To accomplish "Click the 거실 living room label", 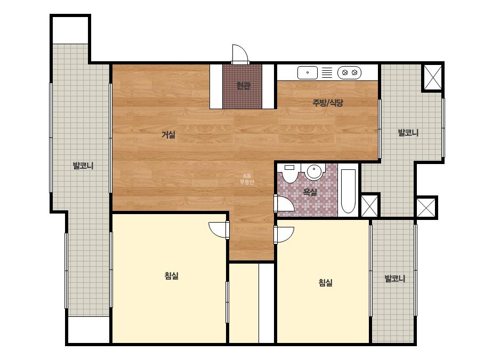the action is pyautogui.click(x=168, y=135).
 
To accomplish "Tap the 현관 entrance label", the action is pyautogui.click(x=243, y=85).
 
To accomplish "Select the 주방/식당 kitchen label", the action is pyautogui.click(x=328, y=103).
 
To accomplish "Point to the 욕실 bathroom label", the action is pyautogui.click(x=310, y=192).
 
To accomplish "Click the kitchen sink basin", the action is pyautogui.click(x=308, y=73).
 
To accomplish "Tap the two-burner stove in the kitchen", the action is pyautogui.click(x=349, y=73).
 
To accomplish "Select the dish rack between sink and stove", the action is pyautogui.click(x=327, y=73).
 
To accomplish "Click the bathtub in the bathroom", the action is pyautogui.click(x=348, y=191).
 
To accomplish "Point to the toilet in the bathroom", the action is pyautogui.click(x=289, y=173).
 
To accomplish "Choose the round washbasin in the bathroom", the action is pyautogui.click(x=314, y=171).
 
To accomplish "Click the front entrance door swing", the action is pyautogui.click(x=240, y=54).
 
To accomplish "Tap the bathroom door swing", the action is pyautogui.click(x=284, y=203).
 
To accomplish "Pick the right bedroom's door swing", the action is pyautogui.click(x=284, y=234).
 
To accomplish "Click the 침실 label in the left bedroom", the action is pyautogui.click(x=172, y=276).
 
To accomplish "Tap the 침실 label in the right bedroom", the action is pyautogui.click(x=325, y=283).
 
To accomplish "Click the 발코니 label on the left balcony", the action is pyautogui.click(x=83, y=165).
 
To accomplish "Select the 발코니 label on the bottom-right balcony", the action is pyautogui.click(x=395, y=279).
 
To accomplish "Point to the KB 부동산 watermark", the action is pyautogui.click(x=247, y=179).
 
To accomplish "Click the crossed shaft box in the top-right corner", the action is pyautogui.click(x=433, y=77).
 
